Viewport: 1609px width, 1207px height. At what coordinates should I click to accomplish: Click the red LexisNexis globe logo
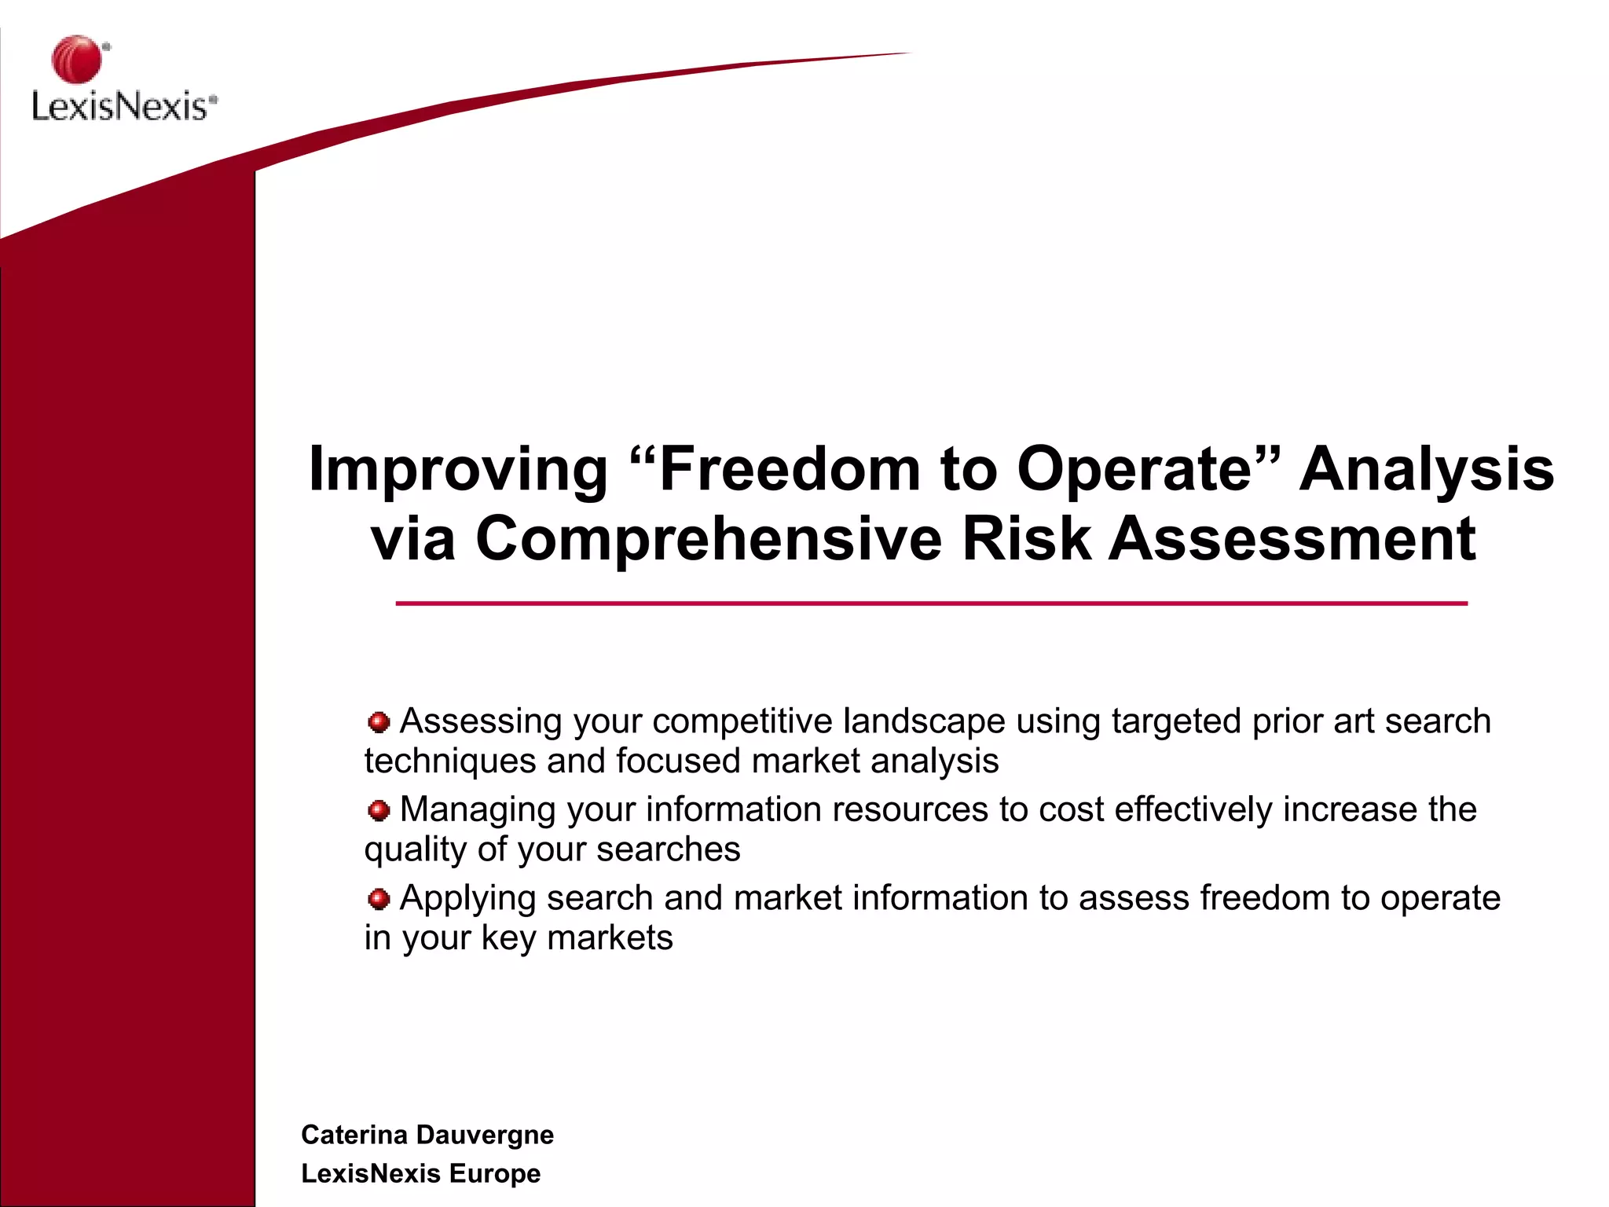pos(77,59)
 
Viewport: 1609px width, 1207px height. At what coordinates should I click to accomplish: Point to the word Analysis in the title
pos(1426,469)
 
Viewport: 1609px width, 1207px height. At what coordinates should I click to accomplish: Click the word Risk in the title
pos(1026,539)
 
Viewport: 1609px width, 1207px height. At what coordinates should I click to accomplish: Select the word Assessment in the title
pos(1292,539)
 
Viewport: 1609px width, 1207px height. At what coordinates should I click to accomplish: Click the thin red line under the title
pos(931,603)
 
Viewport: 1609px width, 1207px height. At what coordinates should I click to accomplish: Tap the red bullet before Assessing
pos(379,722)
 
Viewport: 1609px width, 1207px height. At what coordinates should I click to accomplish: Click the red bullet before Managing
pos(379,810)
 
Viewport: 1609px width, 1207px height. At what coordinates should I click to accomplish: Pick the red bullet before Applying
pos(379,898)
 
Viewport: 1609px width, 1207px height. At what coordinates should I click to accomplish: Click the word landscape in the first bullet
pos(924,721)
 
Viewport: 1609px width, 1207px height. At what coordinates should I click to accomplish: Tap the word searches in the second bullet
pos(668,849)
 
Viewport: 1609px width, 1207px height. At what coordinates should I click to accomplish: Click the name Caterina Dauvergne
pos(427,1135)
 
